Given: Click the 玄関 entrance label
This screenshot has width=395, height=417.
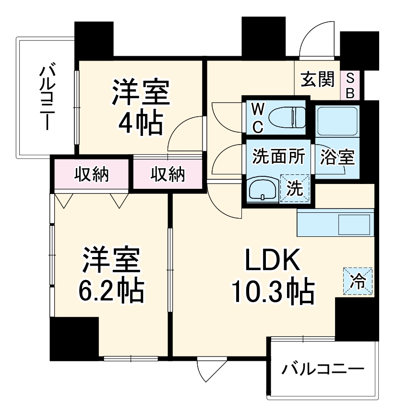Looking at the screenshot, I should [x=317, y=80].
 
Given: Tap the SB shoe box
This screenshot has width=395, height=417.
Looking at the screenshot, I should [x=350, y=86].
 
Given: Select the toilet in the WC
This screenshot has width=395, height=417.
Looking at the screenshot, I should [x=287, y=117].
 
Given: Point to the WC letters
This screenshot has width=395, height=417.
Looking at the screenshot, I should [x=257, y=119].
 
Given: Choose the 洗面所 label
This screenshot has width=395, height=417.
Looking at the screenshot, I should [x=278, y=157].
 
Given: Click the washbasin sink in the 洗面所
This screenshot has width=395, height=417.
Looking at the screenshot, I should [x=263, y=189].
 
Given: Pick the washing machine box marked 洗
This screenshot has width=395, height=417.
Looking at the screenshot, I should [x=294, y=188].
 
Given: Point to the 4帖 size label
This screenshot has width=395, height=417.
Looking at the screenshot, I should [x=141, y=123].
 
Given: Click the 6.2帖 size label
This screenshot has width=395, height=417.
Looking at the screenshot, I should [x=111, y=289].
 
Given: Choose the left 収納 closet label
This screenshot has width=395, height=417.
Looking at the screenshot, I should [x=91, y=174].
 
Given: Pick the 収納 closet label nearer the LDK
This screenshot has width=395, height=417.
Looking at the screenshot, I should [x=168, y=174].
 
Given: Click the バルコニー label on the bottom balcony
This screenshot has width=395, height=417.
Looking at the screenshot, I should [x=322, y=369].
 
